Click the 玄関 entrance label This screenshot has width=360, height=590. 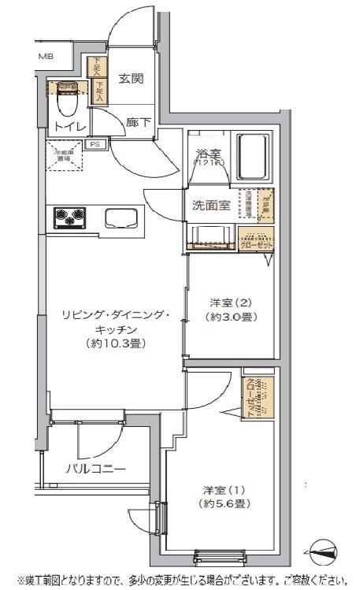click(132, 78)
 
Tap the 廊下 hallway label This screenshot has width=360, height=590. click(139, 122)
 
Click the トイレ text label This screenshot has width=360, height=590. click(68, 126)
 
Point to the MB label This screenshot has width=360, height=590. click(46, 57)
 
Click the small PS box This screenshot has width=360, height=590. click(95, 144)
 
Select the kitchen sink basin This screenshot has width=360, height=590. click(120, 217)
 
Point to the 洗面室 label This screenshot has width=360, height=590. click(211, 206)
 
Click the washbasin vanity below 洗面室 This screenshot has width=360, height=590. click(210, 236)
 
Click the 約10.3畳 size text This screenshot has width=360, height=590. click(117, 343)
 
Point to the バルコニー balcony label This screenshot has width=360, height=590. click(96, 469)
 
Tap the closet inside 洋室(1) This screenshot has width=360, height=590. click(258, 398)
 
